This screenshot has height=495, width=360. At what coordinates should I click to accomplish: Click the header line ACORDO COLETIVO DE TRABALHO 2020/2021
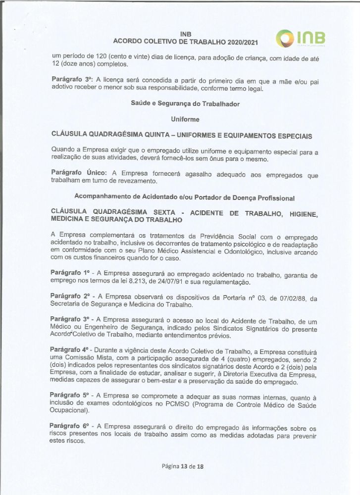(x=186, y=42)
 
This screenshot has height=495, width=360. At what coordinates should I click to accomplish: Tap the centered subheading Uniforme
(x=185, y=119)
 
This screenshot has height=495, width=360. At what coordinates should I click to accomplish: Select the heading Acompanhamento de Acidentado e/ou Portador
(x=149, y=197)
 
